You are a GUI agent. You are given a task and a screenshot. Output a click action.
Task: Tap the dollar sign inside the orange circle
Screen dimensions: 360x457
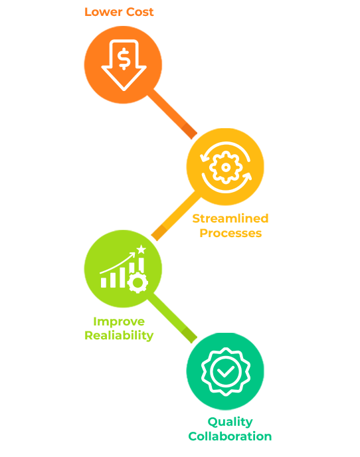point(124,59)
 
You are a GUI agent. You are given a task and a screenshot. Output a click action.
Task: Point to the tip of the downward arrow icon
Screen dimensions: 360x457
point(124,90)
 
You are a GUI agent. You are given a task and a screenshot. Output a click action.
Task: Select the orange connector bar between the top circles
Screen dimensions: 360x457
point(172,114)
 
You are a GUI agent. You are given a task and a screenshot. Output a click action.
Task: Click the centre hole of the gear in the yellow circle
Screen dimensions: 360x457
point(226,167)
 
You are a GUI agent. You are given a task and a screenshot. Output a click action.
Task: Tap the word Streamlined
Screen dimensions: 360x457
point(230,219)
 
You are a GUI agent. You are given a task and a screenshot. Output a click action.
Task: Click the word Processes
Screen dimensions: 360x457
point(230,233)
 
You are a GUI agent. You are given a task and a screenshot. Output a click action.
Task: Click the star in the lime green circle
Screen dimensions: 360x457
point(141,249)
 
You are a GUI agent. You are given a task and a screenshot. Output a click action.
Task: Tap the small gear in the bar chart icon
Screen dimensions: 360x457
point(137,282)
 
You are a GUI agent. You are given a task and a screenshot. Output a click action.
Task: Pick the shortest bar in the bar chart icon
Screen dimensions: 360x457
point(104,282)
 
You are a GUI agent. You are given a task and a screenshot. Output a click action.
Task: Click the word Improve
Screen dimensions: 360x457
point(119,321)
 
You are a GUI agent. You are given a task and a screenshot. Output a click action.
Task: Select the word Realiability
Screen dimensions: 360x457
point(119,335)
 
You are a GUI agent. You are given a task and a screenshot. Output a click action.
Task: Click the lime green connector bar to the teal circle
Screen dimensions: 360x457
point(172,318)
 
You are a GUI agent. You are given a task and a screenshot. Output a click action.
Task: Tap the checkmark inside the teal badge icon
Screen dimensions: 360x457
point(226,371)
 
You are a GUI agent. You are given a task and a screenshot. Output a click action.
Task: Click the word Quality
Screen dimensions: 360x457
point(230,422)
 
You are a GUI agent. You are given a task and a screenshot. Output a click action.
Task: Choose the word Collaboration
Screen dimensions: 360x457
point(230,436)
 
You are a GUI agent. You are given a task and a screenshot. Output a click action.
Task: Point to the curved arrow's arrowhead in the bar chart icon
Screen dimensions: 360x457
point(133,254)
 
